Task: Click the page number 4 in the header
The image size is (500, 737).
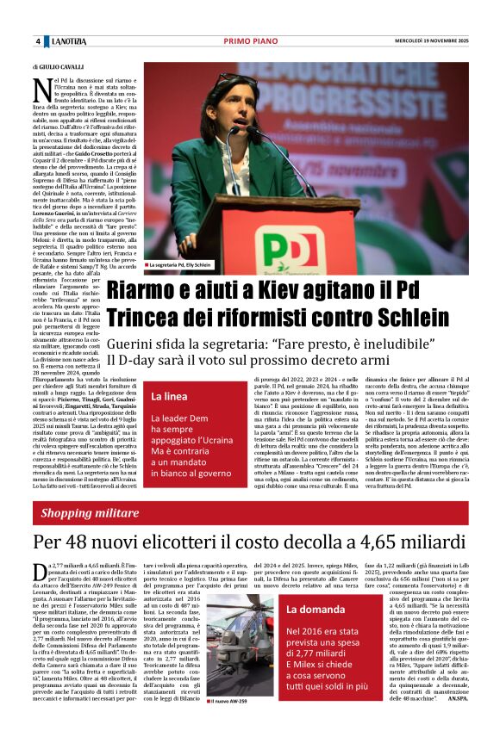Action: pyautogui.click(x=37, y=41)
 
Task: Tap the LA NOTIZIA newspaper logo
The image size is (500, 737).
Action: pyautogui.click(x=67, y=41)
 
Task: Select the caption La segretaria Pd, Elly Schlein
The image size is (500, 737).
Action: pyautogui.click(x=181, y=265)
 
